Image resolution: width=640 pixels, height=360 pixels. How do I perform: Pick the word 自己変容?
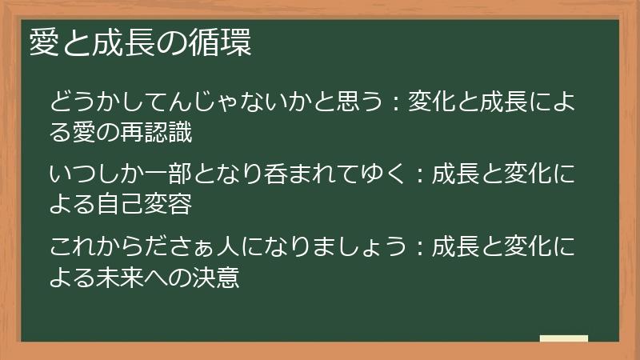coord(150,203)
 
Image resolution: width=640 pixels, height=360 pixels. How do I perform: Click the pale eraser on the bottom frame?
coord(564,339)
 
